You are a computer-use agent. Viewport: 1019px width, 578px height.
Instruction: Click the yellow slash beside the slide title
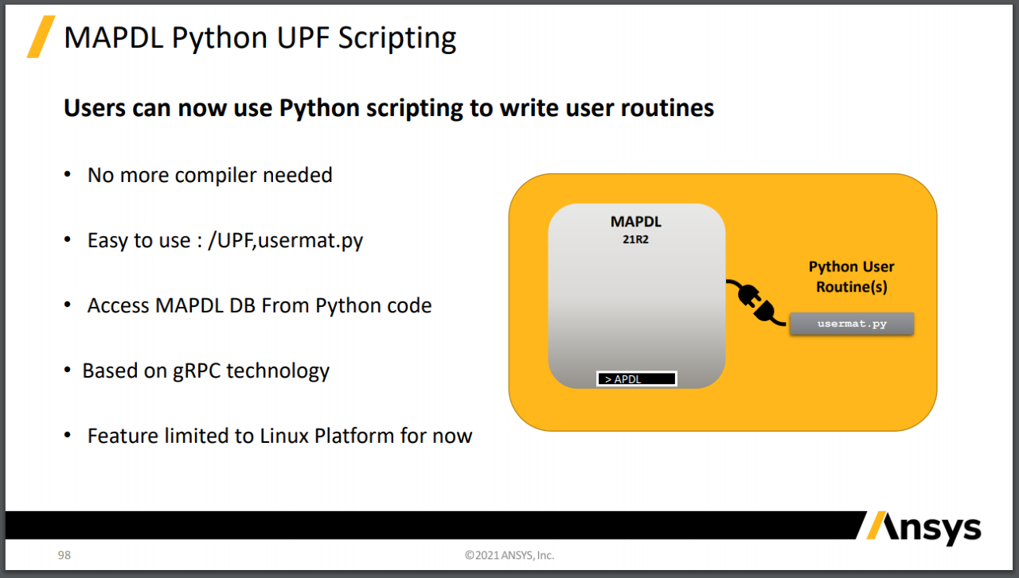40,37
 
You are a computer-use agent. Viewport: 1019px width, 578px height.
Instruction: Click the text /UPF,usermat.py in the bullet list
285,240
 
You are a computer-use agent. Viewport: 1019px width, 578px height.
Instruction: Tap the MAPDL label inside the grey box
636,222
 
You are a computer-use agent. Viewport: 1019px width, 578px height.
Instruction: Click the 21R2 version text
636,238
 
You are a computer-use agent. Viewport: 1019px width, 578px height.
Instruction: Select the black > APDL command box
636,379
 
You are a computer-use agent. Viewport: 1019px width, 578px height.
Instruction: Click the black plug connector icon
756,304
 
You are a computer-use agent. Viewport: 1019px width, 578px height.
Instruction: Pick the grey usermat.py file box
851,324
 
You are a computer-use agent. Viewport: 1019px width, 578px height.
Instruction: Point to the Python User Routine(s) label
851,277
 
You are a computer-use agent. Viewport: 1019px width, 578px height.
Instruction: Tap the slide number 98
64,555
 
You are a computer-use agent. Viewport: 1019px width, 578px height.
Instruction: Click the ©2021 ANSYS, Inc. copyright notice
509,555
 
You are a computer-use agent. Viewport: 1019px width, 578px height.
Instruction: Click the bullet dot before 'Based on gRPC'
68,370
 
